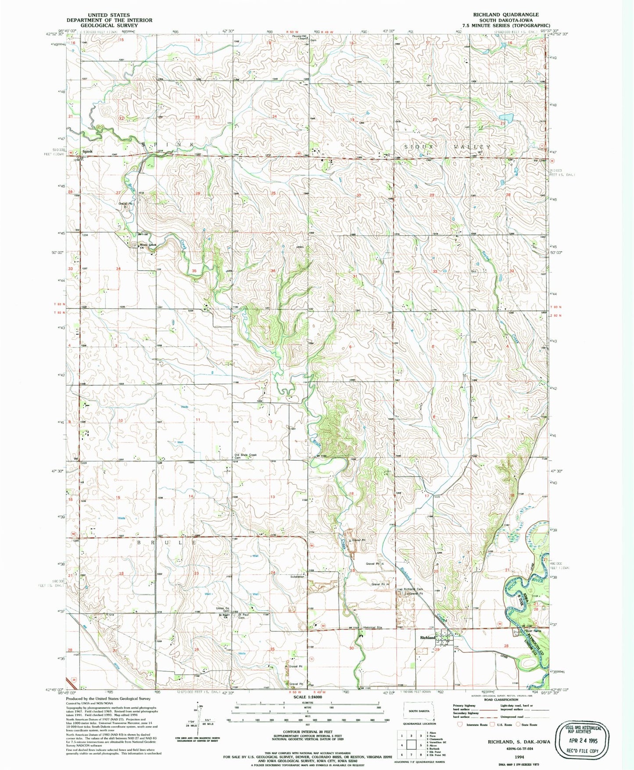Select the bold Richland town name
point(427,637)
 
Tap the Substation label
point(297,577)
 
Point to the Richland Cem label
point(413,589)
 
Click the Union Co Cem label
point(222,609)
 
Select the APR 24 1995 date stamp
point(580,741)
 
